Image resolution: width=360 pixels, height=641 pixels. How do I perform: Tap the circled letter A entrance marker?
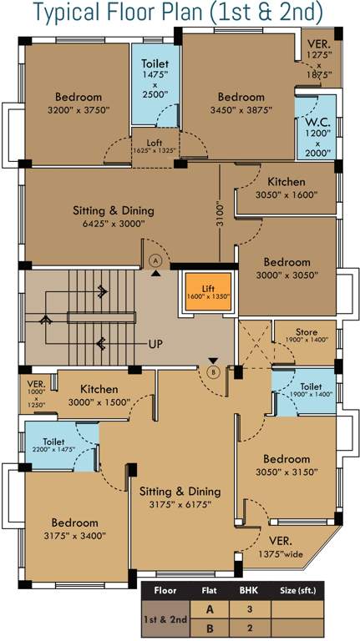coord(155,260)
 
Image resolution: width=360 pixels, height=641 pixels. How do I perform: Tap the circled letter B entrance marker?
coord(213,372)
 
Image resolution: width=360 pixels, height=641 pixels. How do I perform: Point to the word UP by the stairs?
coord(155,344)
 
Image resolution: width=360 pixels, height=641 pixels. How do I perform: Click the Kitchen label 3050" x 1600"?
coord(286,188)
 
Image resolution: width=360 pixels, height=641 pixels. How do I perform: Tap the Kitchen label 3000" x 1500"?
coord(104,395)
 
